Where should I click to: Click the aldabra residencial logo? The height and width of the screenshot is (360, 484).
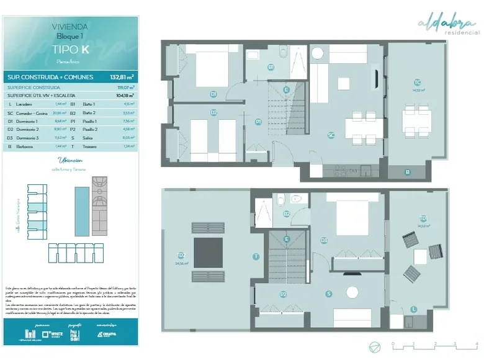(x=449, y=25)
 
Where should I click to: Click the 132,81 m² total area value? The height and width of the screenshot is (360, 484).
(x=122, y=77)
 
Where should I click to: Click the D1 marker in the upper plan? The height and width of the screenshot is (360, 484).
(x=213, y=94)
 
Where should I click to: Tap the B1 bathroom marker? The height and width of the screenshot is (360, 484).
(x=271, y=67)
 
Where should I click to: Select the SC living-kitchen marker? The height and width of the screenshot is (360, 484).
(x=331, y=134)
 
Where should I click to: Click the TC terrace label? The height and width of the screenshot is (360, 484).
(x=418, y=83)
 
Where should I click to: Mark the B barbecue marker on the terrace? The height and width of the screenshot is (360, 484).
(x=408, y=172)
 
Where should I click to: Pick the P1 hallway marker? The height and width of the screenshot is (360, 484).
(x=258, y=122)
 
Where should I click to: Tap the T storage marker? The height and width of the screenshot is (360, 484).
(x=255, y=256)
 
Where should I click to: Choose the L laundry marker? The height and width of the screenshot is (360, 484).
(x=414, y=309)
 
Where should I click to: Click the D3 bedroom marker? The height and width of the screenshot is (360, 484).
(x=324, y=240)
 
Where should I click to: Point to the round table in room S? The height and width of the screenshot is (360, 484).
(x=353, y=292)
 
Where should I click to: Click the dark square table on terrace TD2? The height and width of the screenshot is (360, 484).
(x=208, y=253)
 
